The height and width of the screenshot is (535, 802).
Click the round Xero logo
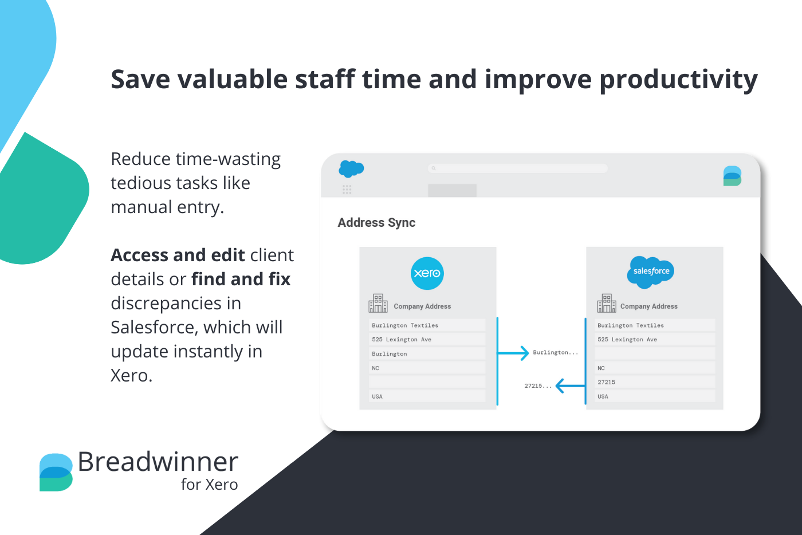pyautogui.click(x=427, y=273)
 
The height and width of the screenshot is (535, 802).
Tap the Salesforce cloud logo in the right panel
pyautogui.click(x=651, y=272)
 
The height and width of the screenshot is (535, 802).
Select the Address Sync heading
pyautogui.click(x=376, y=223)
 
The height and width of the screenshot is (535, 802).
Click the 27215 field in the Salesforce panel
pyautogui.click(x=654, y=382)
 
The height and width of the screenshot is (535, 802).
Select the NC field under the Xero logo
pyautogui.click(x=427, y=368)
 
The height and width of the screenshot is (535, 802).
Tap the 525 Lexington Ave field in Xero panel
pyautogui.click(x=427, y=340)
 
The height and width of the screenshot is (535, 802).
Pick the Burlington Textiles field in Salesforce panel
pyautogui.click(x=654, y=325)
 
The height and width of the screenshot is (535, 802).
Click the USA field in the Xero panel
pyautogui.click(x=427, y=396)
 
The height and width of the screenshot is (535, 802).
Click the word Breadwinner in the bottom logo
pyautogui.click(x=158, y=462)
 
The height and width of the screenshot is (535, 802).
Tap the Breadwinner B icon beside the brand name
pyautogui.click(x=56, y=472)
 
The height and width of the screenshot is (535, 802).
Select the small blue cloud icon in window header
pyautogui.click(x=351, y=169)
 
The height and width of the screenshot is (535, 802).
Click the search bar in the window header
pyautogui.click(x=518, y=168)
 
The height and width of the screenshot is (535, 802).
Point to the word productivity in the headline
pyautogui.click(x=678, y=80)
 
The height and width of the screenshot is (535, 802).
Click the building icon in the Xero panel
pyautogui.click(x=378, y=304)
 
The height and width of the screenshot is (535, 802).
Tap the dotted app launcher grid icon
pyautogui.click(x=347, y=190)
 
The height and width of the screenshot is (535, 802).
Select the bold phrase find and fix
pyautogui.click(x=241, y=279)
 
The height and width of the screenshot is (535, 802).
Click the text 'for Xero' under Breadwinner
pyautogui.click(x=209, y=485)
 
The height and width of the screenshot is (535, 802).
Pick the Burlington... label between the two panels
pyautogui.click(x=555, y=353)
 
